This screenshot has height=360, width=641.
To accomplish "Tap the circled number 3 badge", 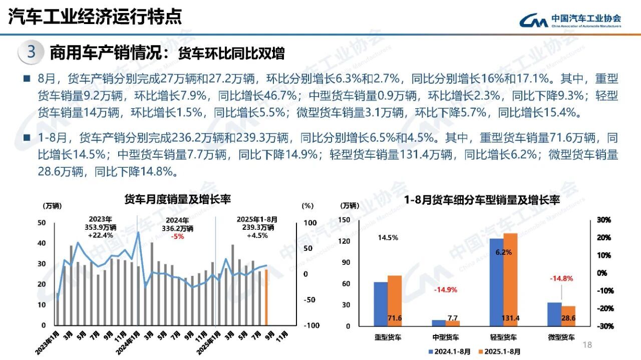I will pos(31,53).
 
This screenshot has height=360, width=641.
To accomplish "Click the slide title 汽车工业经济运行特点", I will pos(95,17).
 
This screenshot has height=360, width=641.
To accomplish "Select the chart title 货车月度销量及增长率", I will pos(177,199).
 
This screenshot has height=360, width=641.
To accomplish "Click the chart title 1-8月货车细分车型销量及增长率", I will pos(482,200).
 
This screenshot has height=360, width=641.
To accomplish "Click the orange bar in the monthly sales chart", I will pos(266,297).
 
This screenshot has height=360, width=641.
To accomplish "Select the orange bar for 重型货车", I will pos(395,300).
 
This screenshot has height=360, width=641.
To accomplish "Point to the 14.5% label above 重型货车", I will pos(388,238).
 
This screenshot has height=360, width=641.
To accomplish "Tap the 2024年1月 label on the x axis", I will pos(127,342).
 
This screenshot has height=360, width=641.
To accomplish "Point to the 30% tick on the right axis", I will pos(603,220).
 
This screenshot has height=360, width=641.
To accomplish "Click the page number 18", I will pos(587,344).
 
